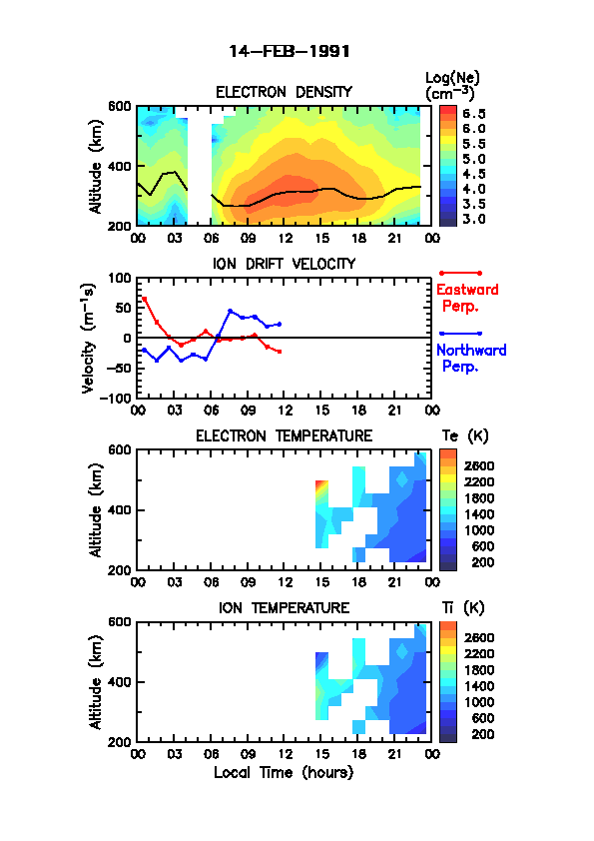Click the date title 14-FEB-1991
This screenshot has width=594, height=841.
pyautogui.click(x=290, y=52)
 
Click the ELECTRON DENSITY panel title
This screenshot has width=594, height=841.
pyautogui.click(x=284, y=92)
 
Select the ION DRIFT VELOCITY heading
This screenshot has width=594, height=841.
pyautogui.click(x=285, y=264)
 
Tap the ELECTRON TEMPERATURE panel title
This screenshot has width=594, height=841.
pyautogui.click(x=285, y=436)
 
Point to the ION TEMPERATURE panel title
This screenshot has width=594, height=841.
pyautogui.click(x=285, y=608)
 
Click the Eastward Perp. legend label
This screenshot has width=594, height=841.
pyautogui.click(x=467, y=298)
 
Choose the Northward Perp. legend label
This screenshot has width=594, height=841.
pyautogui.click(x=471, y=359)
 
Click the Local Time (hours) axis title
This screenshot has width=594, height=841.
pyautogui.click(x=284, y=773)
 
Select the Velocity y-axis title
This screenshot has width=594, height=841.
pyautogui.click(x=89, y=339)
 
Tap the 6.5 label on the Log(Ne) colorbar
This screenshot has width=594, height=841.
pyautogui.click(x=474, y=114)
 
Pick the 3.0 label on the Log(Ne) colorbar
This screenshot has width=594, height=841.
pyautogui.click(x=474, y=219)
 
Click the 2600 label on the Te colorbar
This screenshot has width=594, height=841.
pyautogui.click(x=479, y=466)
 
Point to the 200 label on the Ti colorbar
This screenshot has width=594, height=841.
pyautogui.click(x=482, y=734)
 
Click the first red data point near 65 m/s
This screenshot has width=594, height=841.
pyautogui.click(x=144, y=299)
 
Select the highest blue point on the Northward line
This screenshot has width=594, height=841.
pyautogui.click(x=230, y=311)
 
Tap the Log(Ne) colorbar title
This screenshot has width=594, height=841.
pyautogui.click(x=452, y=86)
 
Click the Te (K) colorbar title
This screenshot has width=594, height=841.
pyautogui.click(x=465, y=436)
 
